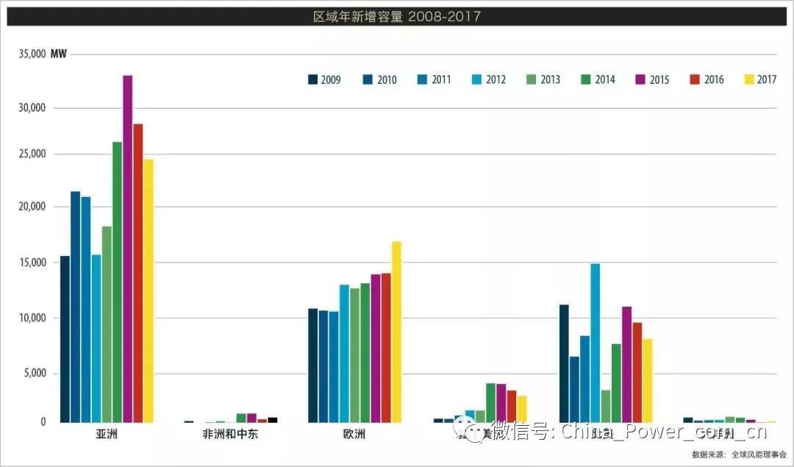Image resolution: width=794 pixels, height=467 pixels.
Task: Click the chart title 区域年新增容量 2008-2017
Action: (x=397, y=15)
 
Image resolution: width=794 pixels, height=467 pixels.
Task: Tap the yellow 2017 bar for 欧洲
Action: (x=396, y=332)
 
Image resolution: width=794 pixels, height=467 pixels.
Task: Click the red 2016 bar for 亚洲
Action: (x=138, y=273)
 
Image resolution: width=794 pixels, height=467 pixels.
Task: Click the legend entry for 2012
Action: (x=489, y=79)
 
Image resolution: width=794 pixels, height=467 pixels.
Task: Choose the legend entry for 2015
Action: (x=652, y=79)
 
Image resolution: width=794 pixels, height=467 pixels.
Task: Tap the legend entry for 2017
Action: (x=760, y=79)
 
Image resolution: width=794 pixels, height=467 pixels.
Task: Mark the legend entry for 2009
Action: (x=324, y=79)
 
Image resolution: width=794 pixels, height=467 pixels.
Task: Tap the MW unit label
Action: (x=59, y=54)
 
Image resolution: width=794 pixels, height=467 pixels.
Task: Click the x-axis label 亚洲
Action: (x=107, y=434)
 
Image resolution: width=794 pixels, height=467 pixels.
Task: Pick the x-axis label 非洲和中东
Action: (x=230, y=434)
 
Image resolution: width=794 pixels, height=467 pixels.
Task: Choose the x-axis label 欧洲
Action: (x=354, y=434)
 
